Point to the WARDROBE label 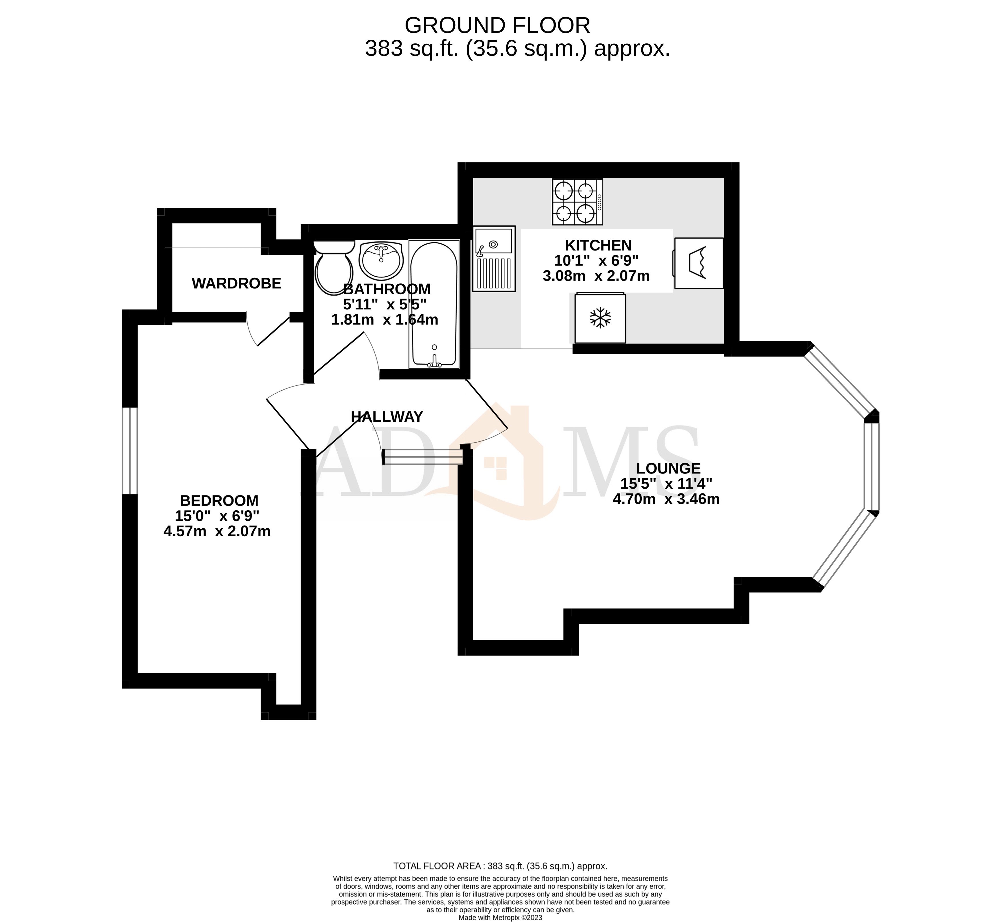[236, 283]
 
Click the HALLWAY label [386, 417]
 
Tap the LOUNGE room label [668, 468]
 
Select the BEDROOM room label [219, 500]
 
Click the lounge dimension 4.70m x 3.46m [666, 499]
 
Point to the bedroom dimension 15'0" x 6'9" [217, 516]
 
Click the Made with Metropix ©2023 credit [500, 917]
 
